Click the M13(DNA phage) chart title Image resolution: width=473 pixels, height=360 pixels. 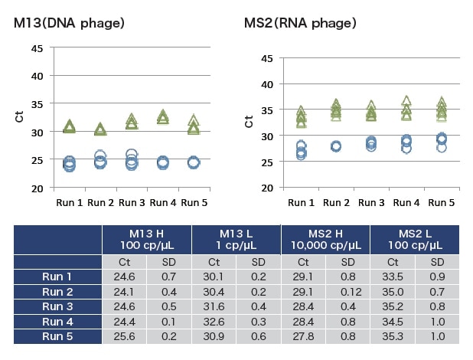click(69, 23)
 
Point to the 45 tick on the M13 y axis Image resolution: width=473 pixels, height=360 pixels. click(37, 47)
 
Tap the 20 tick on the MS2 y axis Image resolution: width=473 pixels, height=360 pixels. click(267, 188)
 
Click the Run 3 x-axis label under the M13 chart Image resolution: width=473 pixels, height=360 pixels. click(132, 202)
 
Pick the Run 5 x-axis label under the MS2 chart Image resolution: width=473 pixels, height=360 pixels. click(442, 203)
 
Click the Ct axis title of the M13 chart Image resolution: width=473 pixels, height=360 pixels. click(19, 117)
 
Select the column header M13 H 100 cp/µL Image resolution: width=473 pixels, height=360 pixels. click(147, 238)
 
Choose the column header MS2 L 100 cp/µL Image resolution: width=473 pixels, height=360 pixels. click(416, 238)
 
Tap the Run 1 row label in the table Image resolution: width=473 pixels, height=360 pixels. click(57, 277)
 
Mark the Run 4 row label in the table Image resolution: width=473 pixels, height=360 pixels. click(57, 322)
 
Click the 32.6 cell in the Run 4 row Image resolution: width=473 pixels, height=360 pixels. click(214, 322)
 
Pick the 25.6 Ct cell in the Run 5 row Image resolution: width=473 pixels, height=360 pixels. click(124, 337)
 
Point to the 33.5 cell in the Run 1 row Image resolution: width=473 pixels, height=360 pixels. click(393, 277)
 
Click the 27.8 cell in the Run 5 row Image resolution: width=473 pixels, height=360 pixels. click(303, 337)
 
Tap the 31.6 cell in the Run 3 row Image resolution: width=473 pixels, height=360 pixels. click(214, 307)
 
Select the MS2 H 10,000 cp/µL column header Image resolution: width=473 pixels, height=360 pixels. click(325, 238)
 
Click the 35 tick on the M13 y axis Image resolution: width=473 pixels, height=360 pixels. click(37, 103)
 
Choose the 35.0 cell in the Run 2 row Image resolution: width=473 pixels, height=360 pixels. click(393, 292)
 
